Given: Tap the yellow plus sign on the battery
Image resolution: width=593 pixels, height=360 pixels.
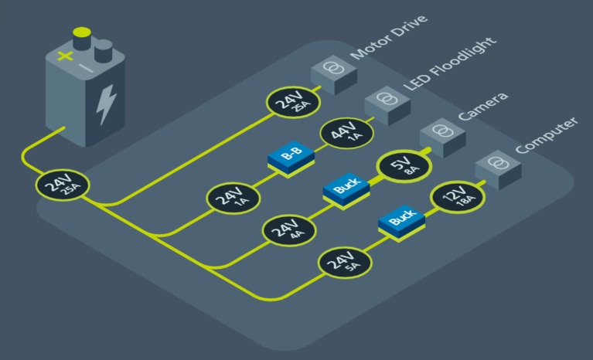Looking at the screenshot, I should pos(63,57).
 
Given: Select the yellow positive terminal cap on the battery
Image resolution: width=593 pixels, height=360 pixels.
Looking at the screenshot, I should pos(80,34).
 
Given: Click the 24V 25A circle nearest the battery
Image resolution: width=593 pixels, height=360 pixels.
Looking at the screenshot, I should pos(63,185).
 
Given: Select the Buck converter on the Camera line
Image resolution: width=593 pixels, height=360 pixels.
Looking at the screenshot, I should pos(346,188).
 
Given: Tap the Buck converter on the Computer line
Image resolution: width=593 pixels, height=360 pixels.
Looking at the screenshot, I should pos(402,222).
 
